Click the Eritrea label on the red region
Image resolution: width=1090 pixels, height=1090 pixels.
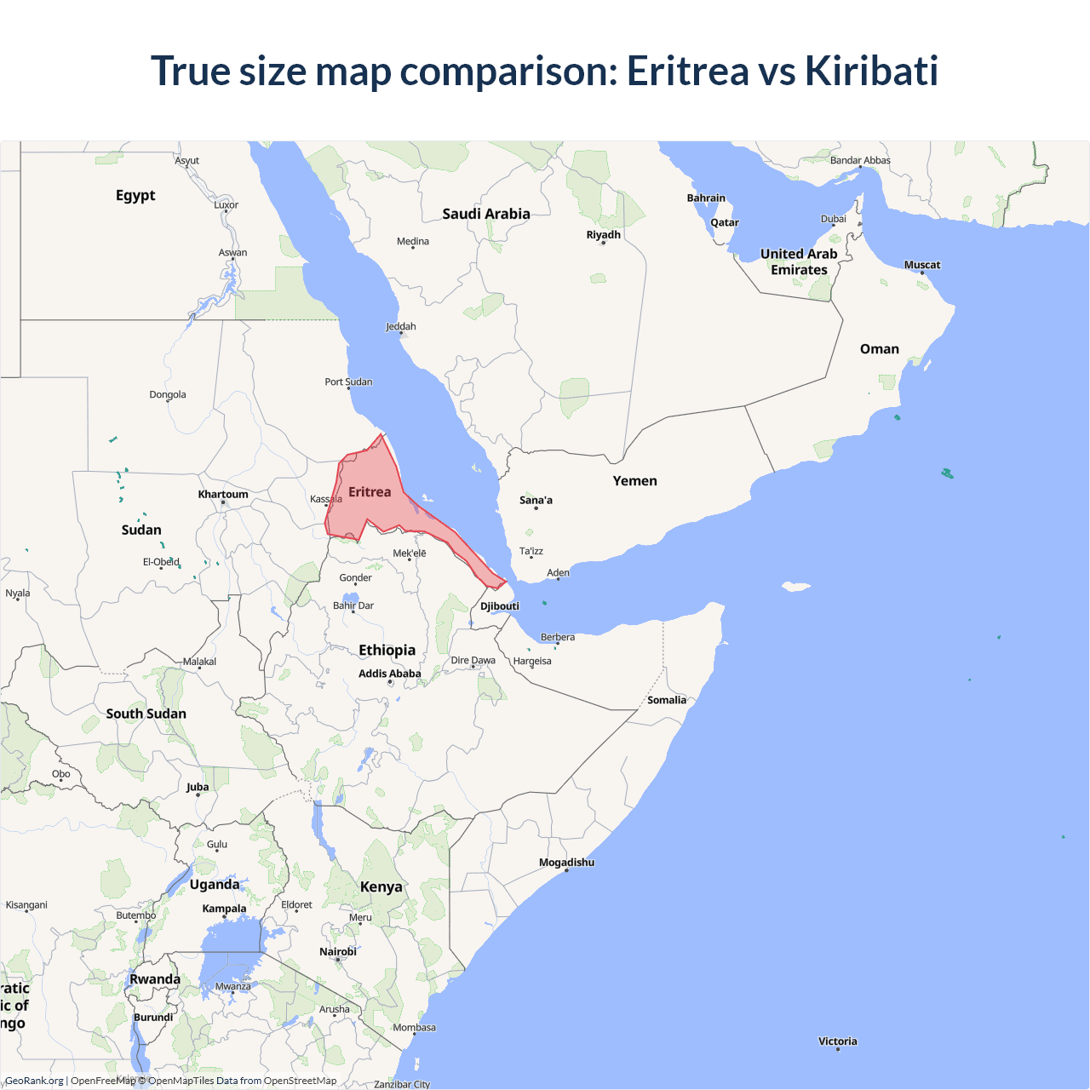pyautogui.click(x=370, y=492)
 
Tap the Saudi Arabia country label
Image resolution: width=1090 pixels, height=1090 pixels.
pyautogui.click(x=486, y=214)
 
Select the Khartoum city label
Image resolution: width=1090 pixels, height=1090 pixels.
pyautogui.click(x=223, y=495)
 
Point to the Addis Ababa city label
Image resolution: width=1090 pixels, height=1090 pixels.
pyautogui.click(x=390, y=674)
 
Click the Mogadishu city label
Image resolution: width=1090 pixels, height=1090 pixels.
pyautogui.click(x=566, y=863)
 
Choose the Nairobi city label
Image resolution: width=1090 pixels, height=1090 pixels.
pyautogui.click(x=338, y=952)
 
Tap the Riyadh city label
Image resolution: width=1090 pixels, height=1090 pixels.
pyautogui.click(x=604, y=235)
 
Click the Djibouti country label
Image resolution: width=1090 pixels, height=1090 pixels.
pyautogui.click(x=500, y=606)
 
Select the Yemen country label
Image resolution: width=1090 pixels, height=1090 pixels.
pyautogui.click(x=635, y=481)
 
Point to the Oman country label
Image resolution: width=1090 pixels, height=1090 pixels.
pyautogui.click(x=880, y=349)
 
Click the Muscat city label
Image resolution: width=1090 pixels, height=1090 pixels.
pyautogui.click(x=922, y=265)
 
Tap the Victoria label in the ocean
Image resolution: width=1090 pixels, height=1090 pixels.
pyautogui.click(x=838, y=1041)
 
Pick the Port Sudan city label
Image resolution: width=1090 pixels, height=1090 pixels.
pyautogui.click(x=348, y=381)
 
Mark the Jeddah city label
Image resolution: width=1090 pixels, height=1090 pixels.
pyautogui.click(x=401, y=326)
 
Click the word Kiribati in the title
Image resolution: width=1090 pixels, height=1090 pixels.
pyautogui.click(x=871, y=71)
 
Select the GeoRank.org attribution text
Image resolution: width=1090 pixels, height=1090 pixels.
pyautogui.click(x=34, y=1081)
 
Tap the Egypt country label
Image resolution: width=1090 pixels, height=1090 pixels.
pyautogui.click(x=135, y=195)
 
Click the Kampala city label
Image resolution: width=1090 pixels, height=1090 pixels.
pyautogui.click(x=224, y=909)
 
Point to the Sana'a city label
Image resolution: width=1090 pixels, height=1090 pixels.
pyautogui.click(x=536, y=500)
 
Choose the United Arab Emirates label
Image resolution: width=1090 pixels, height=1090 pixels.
pyautogui.click(x=799, y=261)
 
